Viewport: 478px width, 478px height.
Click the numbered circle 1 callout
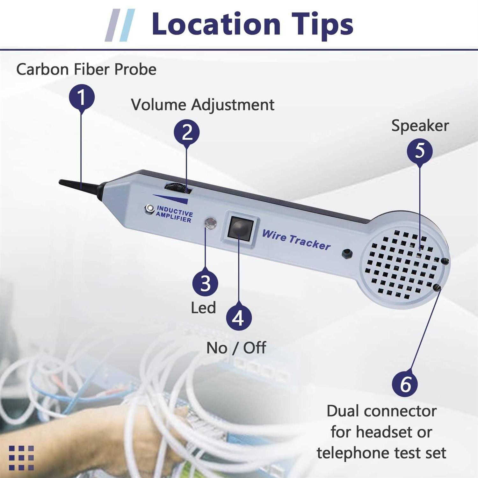(x=82, y=97)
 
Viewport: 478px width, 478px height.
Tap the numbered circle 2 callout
(x=187, y=132)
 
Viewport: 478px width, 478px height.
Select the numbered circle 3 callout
(x=205, y=283)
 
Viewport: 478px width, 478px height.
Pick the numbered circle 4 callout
(x=239, y=317)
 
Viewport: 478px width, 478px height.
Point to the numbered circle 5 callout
(x=420, y=150)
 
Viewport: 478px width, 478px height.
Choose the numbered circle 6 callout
(x=405, y=384)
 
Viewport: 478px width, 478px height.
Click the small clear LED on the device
(x=210, y=223)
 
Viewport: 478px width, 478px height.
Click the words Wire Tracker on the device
(x=296, y=240)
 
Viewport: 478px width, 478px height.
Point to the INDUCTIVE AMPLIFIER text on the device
(x=174, y=214)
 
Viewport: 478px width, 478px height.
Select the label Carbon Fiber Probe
(x=86, y=69)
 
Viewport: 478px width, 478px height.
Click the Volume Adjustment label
(x=203, y=105)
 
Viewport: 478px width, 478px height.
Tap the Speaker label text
(x=420, y=126)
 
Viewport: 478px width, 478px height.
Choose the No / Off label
(x=236, y=348)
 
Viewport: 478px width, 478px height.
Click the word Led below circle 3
(x=203, y=308)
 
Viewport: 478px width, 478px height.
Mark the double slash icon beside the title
(x=120, y=25)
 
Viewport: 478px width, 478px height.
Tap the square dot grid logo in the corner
(x=21, y=458)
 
